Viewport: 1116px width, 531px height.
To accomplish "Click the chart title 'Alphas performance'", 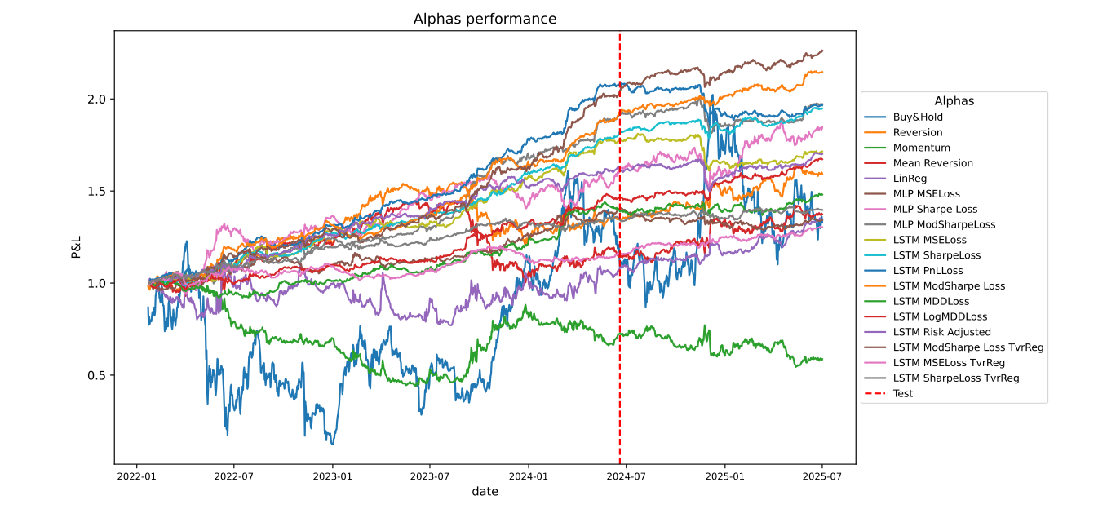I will click(x=485, y=19).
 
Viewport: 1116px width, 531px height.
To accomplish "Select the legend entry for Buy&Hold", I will click(x=918, y=117).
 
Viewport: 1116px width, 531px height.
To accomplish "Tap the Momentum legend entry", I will click(x=921, y=148).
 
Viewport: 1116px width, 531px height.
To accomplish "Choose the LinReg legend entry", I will click(x=910, y=179).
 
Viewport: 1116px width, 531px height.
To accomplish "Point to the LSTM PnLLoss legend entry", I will click(x=928, y=271).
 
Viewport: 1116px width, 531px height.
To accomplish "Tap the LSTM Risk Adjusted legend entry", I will click(x=941, y=332).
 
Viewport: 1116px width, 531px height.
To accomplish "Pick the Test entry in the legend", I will click(x=902, y=393).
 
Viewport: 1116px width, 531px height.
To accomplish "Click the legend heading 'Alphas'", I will click(x=954, y=101).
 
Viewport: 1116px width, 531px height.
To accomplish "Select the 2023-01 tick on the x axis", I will click(x=333, y=476).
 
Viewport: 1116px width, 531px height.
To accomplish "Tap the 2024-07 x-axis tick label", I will click(x=620, y=476).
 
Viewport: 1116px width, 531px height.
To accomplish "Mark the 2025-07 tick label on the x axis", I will click(x=821, y=476).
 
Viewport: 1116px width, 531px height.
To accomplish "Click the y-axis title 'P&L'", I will click(x=76, y=248).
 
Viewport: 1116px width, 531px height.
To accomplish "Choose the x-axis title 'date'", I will click(x=485, y=492).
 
